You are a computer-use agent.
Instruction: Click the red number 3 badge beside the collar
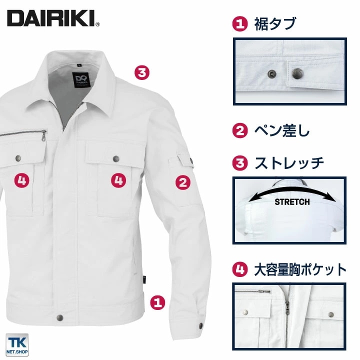tap(142, 72)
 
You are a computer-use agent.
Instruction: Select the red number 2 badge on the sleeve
tap(183, 182)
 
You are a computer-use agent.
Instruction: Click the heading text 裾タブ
tap(275, 24)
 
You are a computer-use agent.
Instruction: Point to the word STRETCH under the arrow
tap(292, 202)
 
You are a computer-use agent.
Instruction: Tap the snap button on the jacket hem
tap(61, 318)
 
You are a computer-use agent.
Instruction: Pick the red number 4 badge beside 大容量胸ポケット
tap(241, 270)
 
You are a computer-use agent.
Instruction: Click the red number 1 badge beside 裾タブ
tap(241, 24)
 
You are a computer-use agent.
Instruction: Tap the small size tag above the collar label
tap(81, 64)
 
